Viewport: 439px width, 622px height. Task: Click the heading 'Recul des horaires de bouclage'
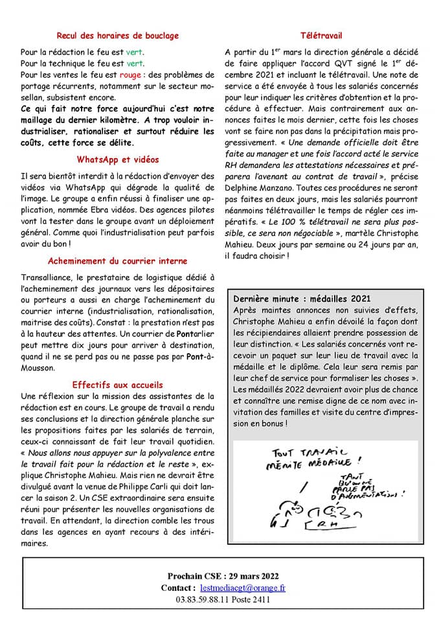117,36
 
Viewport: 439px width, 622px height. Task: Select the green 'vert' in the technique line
135,63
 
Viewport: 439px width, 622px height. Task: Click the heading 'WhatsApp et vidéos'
117,159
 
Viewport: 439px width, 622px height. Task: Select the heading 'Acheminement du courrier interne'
117,261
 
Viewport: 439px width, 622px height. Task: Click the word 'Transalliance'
45,277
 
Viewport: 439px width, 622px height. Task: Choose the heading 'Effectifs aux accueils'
117,384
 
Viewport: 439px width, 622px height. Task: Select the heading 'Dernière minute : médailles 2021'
302,299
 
